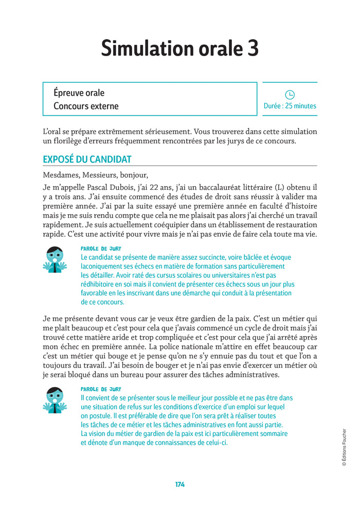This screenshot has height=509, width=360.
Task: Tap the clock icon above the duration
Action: pos(290,94)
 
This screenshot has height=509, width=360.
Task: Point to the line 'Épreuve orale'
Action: pos(79,93)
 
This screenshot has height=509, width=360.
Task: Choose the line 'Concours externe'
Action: pos(86,107)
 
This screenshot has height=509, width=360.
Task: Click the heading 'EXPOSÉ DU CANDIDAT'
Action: pos(87,160)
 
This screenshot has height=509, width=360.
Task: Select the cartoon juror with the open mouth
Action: pos(54,400)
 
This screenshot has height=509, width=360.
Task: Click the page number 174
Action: pos(179,484)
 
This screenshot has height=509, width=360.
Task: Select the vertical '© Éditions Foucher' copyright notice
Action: pos(344,447)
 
